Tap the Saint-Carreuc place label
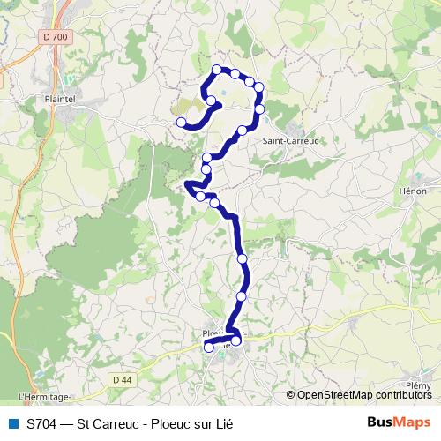(291, 139)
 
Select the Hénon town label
(413, 191)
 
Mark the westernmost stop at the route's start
(181, 123)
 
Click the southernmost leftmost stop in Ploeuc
(209, 348)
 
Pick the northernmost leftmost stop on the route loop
(217, 69)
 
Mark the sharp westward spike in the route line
(187, 185)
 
